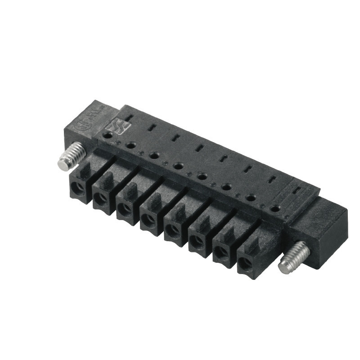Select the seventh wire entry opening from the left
pos(220,255)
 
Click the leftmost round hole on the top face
pos(108,134)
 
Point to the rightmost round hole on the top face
pos(275,208)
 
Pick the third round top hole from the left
pos(154,155)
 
